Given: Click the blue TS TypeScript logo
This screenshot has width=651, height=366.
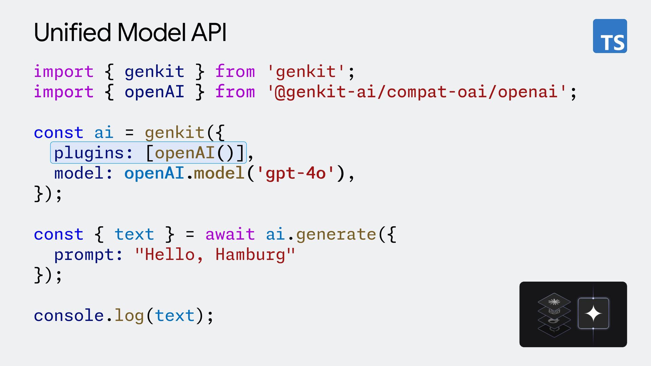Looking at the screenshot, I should coord(610,36).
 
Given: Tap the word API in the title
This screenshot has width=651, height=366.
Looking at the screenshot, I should coord(209,33).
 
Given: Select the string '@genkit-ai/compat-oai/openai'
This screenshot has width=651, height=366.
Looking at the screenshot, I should coord(417,92).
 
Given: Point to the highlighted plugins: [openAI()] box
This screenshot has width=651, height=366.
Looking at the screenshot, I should coord(149,153).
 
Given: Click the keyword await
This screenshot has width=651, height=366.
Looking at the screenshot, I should coord(230,235).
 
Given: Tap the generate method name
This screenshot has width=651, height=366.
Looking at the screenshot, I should coord(336,235).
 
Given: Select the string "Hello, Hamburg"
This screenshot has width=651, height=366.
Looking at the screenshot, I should coord(215,255).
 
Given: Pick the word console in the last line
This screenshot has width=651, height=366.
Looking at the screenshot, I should coord(68,316).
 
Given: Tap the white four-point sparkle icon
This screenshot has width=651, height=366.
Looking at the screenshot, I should coord(593,313).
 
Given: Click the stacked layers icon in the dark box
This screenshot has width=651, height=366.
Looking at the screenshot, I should coord(554,314).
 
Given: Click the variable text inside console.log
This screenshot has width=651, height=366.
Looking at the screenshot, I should coord(175,316).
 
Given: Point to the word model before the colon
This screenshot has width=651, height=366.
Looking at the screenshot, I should coord(79,174).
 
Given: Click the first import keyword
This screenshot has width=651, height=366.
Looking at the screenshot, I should coord(63,72).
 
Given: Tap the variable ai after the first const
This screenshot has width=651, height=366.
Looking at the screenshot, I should coord(103,133).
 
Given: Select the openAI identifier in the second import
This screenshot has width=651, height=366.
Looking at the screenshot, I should coord(154,92).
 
